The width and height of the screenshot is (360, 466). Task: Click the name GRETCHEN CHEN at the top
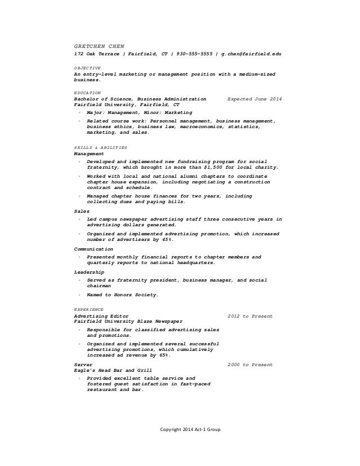[x=99, y=45]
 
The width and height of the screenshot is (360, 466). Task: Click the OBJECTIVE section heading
[x=87, y=67]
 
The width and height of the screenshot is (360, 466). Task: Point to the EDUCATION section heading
[x=87, y=92]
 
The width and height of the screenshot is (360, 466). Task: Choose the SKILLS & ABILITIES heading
[x=100, y=147]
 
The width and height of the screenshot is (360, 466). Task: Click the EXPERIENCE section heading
[x=89, y=310]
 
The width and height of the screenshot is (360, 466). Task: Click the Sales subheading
[x=82, y=211]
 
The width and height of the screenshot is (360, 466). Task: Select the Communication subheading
[x=94, y=249]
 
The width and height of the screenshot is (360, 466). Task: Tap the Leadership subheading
[x=89, y=272]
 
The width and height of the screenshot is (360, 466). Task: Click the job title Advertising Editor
[x=101, y=316]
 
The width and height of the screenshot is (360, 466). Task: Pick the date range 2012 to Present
[x=250, y=316]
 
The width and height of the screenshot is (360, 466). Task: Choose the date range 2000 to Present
[x=250, y=364]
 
